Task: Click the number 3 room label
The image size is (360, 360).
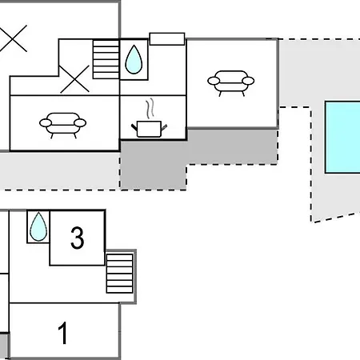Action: coord(78,238)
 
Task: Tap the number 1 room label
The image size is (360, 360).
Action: coord(63,333)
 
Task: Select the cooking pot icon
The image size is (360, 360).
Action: coord(149,129)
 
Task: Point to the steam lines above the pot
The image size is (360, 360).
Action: coord(150,108)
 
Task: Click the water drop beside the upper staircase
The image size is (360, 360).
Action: coord(134,59)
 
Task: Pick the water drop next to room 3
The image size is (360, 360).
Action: coord(38,226)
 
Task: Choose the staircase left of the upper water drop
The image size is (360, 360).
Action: coord(106,59)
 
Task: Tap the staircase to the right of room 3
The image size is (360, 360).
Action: coord(119,274)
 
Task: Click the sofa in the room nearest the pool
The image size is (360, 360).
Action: coord(231,83)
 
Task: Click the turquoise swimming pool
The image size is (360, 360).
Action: coord(342,137)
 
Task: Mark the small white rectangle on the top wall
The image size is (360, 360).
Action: coord(167,39)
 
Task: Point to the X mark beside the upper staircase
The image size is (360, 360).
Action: coord(74,79)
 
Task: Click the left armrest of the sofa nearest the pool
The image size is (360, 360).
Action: coord(214,81)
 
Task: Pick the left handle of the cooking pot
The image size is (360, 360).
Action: coord(134,127)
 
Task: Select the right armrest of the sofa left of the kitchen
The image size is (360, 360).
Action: coord(80,123)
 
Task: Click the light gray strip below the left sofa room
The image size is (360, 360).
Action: coord(60,171)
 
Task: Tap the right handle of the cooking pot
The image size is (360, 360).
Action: coord(164,127)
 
